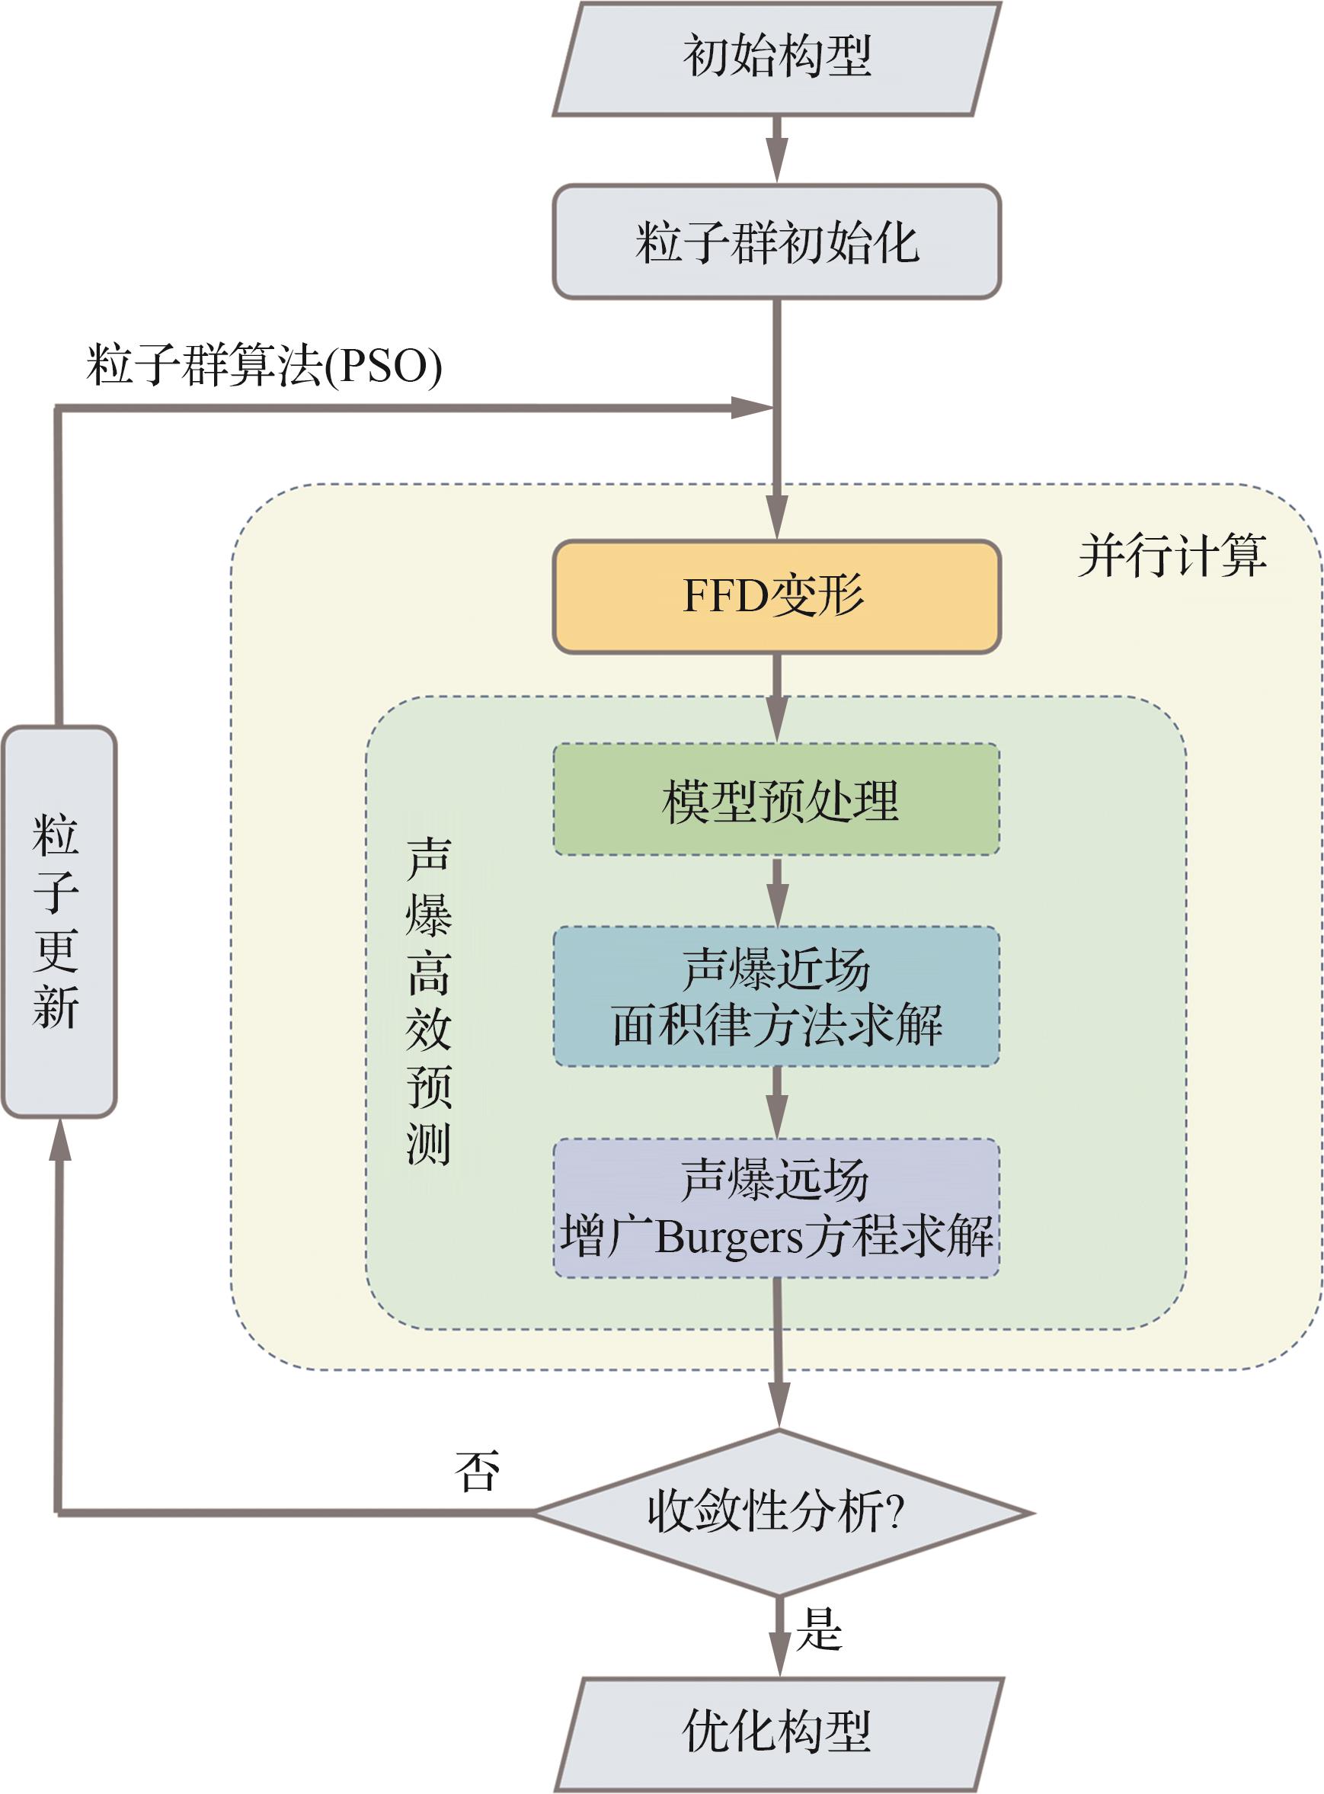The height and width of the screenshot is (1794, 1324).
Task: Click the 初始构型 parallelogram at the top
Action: point(776,59)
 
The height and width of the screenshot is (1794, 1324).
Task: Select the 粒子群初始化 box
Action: point(776,242)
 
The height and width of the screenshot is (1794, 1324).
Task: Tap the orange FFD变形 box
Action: point(776,597)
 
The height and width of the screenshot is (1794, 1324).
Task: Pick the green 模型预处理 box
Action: point(776,799)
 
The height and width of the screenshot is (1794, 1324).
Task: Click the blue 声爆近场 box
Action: point(776,996)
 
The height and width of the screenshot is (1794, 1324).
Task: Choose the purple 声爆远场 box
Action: point(776,1208)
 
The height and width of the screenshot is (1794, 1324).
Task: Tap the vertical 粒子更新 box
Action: point(59,921)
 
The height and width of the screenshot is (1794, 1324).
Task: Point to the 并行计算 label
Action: point(1172,556)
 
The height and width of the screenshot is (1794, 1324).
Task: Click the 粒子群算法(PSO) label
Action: point(264,366)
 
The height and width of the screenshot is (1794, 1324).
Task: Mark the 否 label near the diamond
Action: point(478,1472)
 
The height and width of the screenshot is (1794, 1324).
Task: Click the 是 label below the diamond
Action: point(819,1630)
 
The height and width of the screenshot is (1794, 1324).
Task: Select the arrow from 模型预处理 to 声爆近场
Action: point(776,892)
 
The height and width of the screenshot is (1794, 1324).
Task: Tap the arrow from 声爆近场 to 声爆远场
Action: point(776,1102)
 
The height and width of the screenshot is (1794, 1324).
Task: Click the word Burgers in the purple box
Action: point(728,1238)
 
